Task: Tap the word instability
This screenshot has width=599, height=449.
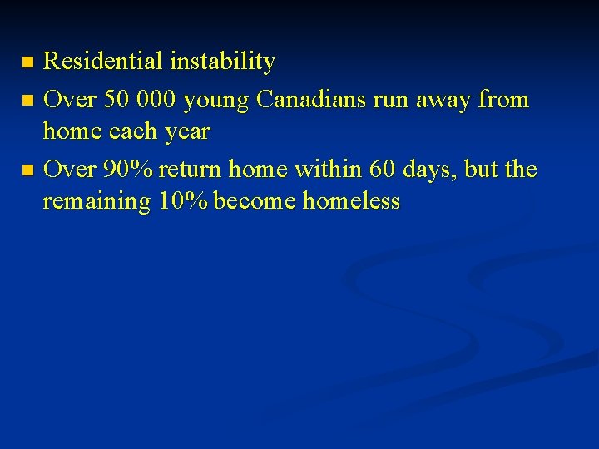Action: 222,62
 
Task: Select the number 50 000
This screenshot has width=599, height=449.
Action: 140,100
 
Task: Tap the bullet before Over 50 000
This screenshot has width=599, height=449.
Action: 27,101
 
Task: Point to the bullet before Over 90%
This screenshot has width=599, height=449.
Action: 27,170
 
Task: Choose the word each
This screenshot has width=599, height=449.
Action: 132,131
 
